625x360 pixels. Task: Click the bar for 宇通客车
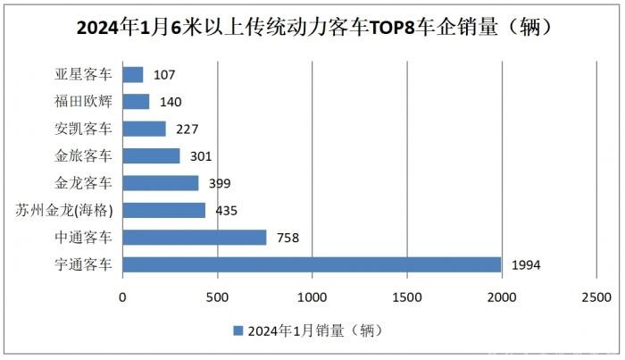(312, 264)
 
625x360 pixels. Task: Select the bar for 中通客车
(194, 237)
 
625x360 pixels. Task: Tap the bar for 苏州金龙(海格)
(163, 210)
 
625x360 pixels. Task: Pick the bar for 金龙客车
(160, 183)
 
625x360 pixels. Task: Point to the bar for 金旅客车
(151, 156)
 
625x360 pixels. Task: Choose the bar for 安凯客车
(144, 129)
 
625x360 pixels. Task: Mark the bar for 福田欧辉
(136, 102)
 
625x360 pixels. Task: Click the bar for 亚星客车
(132, 75)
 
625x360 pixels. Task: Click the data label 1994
(526, 265)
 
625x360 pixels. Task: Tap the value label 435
(228, 211)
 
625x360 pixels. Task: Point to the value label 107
(165, 75)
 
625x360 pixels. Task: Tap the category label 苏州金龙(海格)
(66, 210)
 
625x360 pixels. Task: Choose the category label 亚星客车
(84, 75)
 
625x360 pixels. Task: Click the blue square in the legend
(237, 330)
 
